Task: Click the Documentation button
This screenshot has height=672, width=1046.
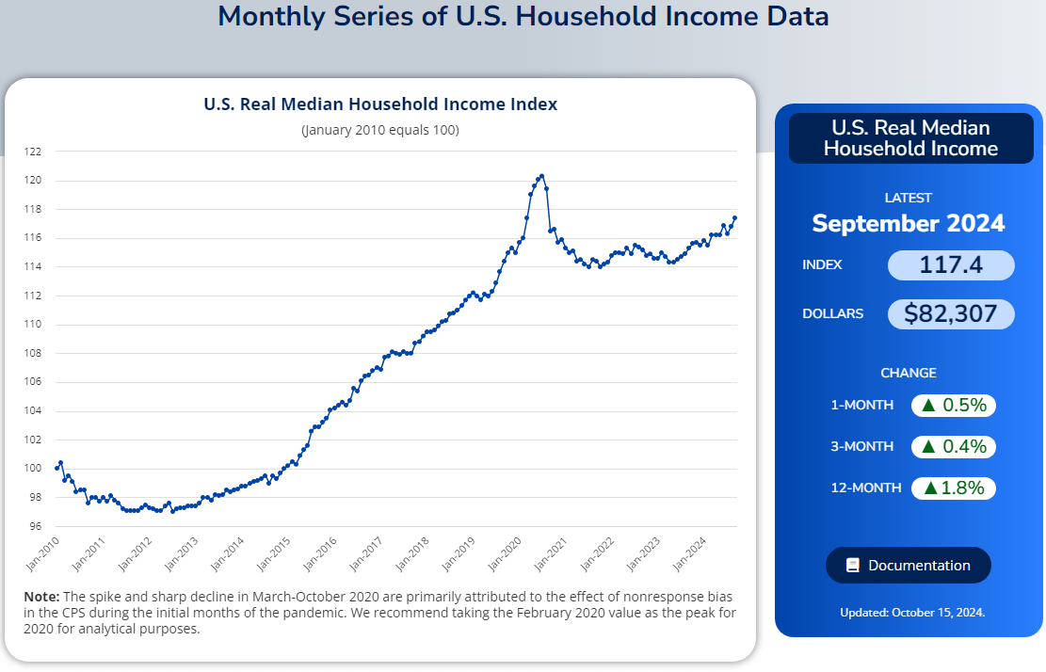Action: pos(909,566)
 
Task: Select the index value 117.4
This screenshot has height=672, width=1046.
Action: pos(951,265)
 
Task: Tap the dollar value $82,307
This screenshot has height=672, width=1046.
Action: pos(951,314)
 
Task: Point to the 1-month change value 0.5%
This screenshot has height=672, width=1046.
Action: pos(953,406)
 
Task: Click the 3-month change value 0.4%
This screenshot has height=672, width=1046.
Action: pos(953,447)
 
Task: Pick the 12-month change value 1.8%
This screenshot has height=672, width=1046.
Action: pos(953,488)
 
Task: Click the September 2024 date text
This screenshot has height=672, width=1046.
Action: pos(909,223)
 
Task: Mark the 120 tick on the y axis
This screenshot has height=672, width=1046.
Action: pos(33,180)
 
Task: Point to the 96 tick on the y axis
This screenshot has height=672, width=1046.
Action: pos(35,526)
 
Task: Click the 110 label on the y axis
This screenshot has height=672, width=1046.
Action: pos(33,324)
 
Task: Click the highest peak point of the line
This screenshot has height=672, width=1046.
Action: pos(541,176)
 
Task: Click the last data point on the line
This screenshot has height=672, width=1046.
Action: pos(734,218)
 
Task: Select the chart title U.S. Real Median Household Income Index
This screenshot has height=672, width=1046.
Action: pos(380,104)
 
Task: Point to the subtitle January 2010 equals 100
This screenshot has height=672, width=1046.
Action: pos(380,130)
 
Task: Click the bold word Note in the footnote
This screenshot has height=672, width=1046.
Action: pos(41,597)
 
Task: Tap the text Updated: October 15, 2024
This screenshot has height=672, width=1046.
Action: pos(911,613)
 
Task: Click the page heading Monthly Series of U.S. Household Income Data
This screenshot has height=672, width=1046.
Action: pos(523,16)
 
